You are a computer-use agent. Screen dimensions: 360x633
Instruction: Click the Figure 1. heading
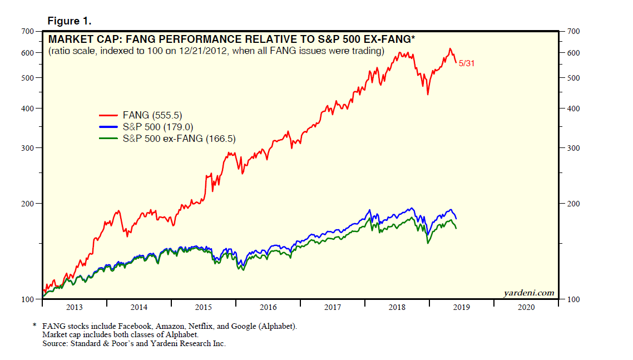pos(69,21)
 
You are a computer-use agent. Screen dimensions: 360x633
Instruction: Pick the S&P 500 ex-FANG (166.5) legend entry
pos(179,139)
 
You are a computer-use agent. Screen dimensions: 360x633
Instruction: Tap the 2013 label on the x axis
pos(74,307)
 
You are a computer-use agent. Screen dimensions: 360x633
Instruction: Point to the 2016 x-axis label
pos(268,307)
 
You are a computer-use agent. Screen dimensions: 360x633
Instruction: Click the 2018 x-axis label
pos(397,307)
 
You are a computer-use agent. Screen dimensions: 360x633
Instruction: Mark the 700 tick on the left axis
pos(28,31)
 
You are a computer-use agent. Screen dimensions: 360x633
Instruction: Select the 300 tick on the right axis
pos(573,148)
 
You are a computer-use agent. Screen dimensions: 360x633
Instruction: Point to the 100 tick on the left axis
pos(28,299)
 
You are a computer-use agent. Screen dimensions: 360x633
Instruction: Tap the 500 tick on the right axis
pos(573,78)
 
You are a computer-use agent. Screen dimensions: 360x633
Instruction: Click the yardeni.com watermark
pos(529,293)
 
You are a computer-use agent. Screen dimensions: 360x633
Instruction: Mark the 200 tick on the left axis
pos(28,204)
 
